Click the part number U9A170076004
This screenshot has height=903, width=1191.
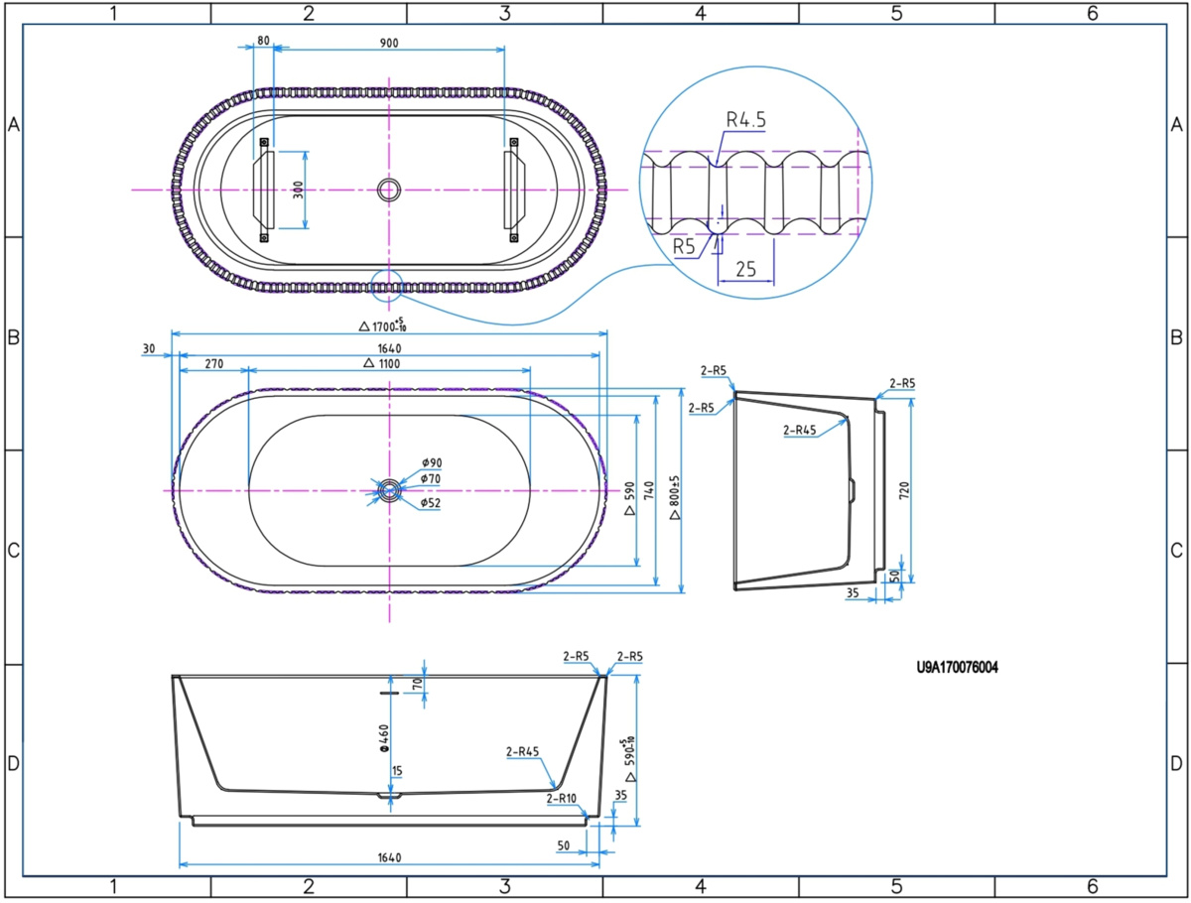tap(957, 668)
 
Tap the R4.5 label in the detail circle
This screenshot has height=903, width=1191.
tap(746, 120)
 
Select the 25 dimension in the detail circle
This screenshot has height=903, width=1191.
tap(746, 269)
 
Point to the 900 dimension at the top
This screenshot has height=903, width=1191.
tap(389, 43)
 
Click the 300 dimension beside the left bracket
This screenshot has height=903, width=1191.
tap(298, 190)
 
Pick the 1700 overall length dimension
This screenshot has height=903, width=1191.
tap(383, 325)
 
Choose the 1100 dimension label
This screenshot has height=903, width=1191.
tap(382, 363)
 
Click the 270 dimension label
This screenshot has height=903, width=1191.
tap(213, 364)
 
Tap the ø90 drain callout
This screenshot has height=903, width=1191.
tap(432, 462)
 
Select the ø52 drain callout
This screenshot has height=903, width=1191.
tap(431, 503)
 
